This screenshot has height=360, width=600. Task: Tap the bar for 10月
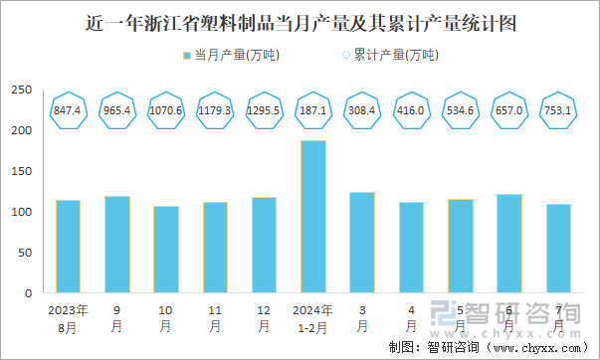(166, 250)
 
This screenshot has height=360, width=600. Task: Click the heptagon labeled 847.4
(68, 108)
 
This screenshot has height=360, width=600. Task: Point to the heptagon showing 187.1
(313, 108)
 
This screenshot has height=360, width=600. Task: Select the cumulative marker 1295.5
(264, 108)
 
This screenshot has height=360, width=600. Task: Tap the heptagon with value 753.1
(558, 108)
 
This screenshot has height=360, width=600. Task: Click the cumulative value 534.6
(461, 108)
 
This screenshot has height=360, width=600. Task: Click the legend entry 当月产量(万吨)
(230, 55)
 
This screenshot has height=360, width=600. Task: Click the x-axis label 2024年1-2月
(313, 317)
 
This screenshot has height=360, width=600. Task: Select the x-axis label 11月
(215, 317)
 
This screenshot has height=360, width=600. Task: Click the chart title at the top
(300, 22)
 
